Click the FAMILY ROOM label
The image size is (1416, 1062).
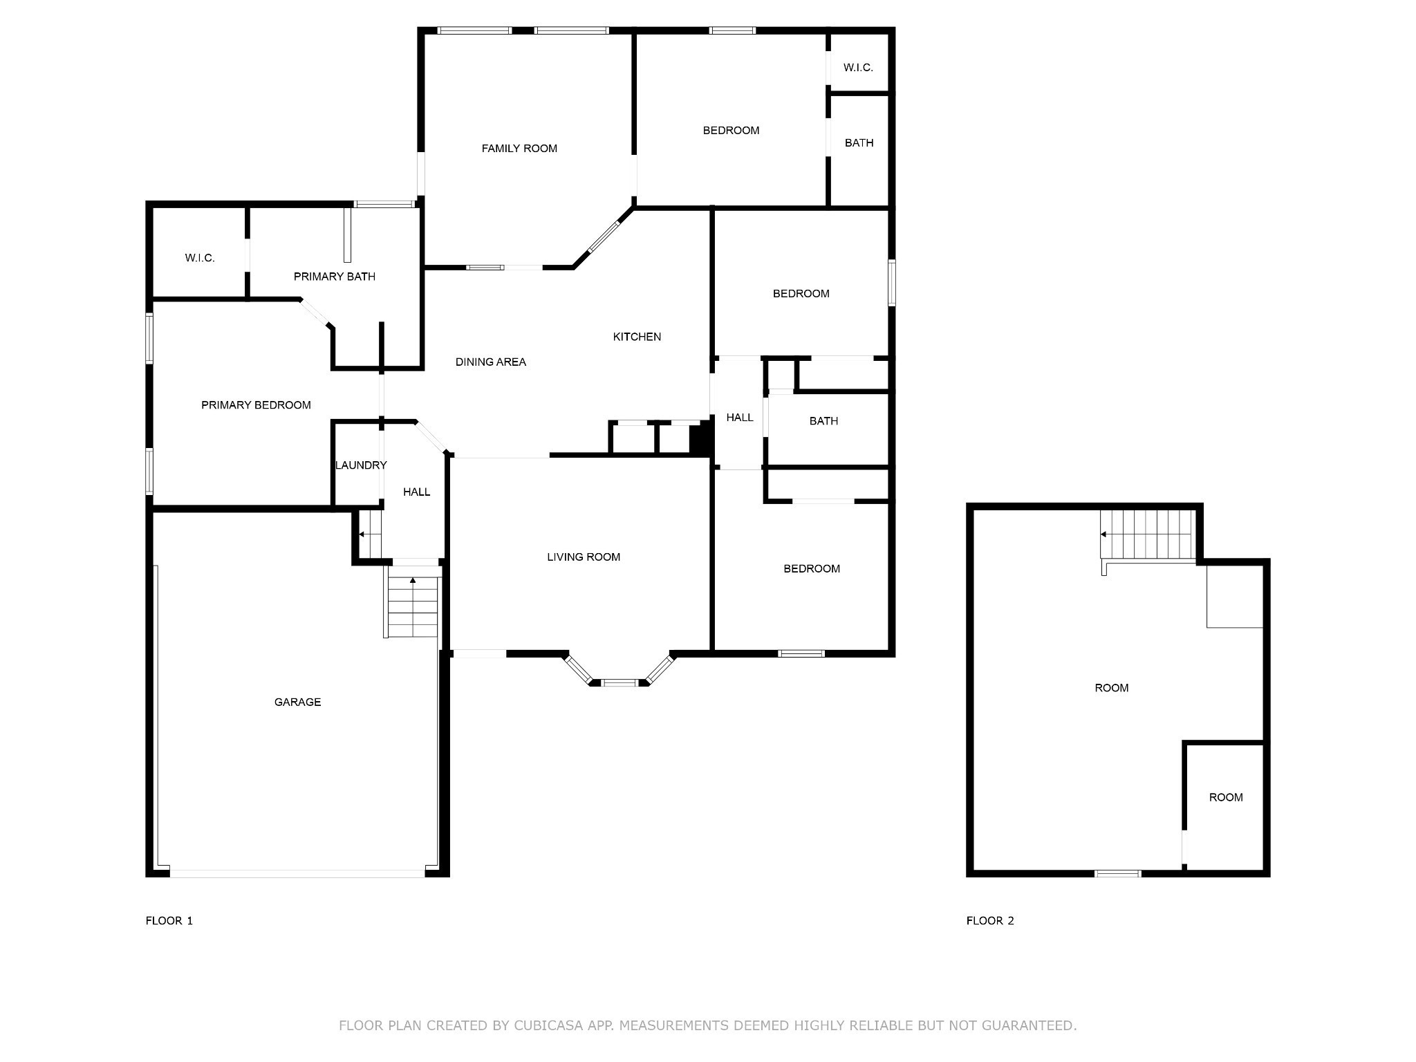click(x=519, y=149)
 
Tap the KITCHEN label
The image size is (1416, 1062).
click(x=637, y=337)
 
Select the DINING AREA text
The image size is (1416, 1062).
click(x=491, y=362)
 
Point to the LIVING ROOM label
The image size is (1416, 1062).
click(x=584, y=557)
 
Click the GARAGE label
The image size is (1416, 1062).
click(x=297, y=702)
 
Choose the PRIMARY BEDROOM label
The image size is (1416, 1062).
click(x=256, y=405)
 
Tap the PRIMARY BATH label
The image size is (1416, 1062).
click(x=335, y=277)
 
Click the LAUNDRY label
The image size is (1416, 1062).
click(x=361, y=465)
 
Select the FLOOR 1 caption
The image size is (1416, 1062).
click(x=169, y=920)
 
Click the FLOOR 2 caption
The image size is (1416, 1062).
click(x=990, y=920)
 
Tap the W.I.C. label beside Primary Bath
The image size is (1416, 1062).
click(x=200, y=258)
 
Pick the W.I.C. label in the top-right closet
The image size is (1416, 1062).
click(x=858, y=68)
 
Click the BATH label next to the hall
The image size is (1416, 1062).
click(x=823, y=420)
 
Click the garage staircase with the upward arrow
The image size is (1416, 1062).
click(x=413, y=606)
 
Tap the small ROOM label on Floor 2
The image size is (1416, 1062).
click(x=1226, y=797)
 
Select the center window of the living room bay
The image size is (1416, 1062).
click(x=619, y=683)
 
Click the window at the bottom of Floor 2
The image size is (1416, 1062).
click(x=1117, y=874)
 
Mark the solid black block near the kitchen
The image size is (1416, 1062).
click(x=701, y=438)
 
